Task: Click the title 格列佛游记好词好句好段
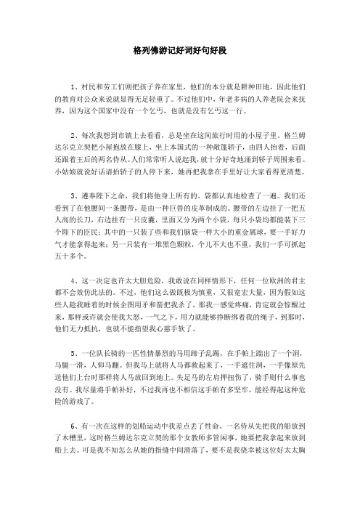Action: click(x=180, y=52)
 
